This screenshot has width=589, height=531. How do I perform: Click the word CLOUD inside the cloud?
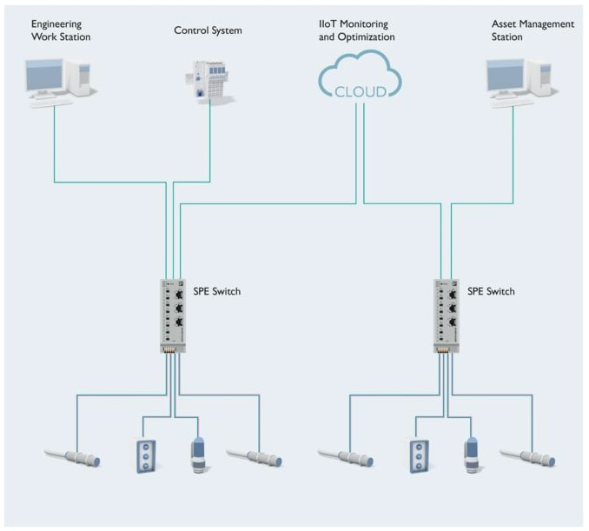point(360,91)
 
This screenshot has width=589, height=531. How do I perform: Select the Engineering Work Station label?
point(61,30)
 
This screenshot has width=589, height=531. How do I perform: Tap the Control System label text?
point(208,30)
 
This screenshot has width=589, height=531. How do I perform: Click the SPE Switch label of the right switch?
point(491,291)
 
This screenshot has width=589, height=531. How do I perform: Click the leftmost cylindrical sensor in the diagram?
point(74,455)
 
